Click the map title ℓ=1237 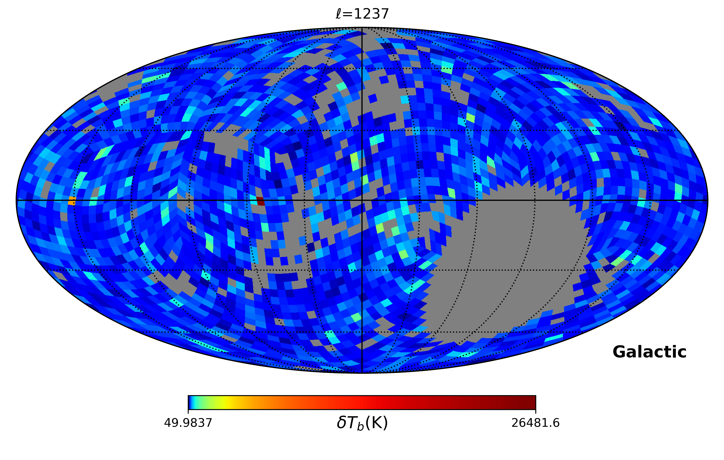tap(362, 14)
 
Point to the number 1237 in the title tap(372, 14)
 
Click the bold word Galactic tap(649, 352)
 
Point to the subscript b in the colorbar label tap(360, 426)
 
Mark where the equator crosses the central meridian tap(362, 200)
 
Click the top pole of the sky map tap(362, 28)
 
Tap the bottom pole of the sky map tap(362, 373)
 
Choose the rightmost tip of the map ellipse tap(708, 200)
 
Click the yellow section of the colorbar tap(229, 402)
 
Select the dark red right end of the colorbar tap(532, 402)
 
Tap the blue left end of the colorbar tap(190, 402)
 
